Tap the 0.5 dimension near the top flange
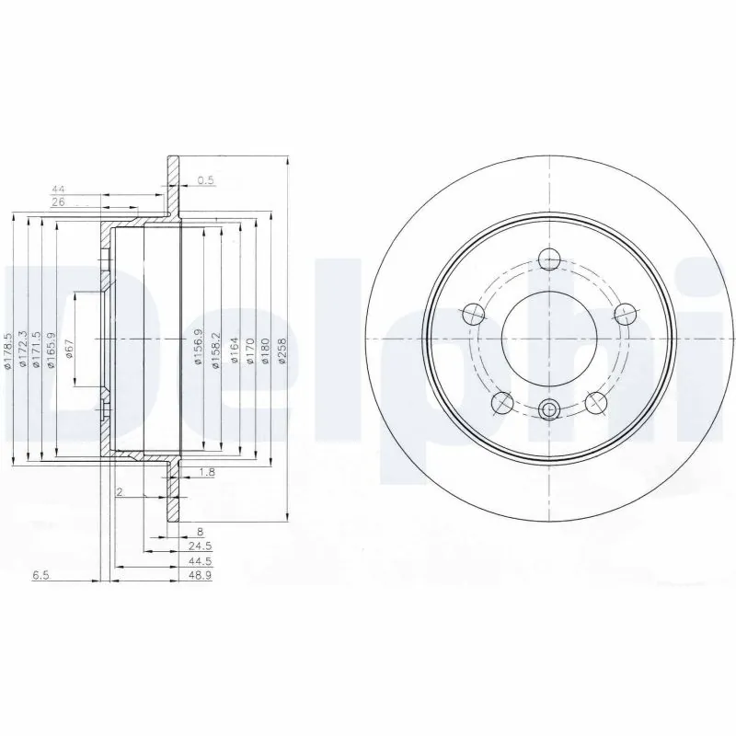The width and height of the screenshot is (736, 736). [205, 181]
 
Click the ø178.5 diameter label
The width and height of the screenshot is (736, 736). [7, 351]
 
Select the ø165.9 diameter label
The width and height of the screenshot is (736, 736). [51, 351]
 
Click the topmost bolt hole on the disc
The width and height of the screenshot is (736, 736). [549, 259]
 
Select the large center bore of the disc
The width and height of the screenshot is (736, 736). [549, 337]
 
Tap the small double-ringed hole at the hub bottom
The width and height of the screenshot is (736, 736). [549, 410]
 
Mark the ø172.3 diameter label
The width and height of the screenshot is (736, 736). [22, 351]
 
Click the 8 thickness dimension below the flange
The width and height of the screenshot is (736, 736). [200, 531]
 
